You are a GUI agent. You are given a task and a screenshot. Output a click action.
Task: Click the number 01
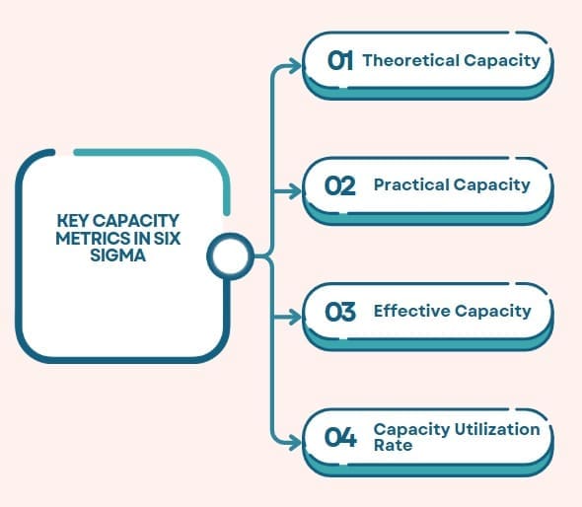point(339,60)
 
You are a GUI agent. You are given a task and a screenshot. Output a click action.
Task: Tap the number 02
point(339,185)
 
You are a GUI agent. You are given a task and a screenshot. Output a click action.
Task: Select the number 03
point(340,312)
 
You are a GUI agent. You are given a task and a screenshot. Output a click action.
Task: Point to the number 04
point(340,437)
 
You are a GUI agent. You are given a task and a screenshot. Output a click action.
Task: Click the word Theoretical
point(411,60)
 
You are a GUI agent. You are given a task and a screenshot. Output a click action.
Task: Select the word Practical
point(411,184)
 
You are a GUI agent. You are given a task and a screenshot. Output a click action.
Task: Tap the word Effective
point(411,311)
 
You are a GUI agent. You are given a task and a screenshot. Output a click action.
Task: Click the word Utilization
point(497,429)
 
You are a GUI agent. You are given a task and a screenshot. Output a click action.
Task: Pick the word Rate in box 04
point(393,445)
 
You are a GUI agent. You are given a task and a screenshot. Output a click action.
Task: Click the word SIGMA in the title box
point(117,255)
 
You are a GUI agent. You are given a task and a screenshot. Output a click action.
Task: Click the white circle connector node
point(230,255)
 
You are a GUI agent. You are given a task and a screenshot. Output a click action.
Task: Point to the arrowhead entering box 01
point(295,66)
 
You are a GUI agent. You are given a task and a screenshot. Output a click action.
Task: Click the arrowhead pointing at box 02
point(295,191)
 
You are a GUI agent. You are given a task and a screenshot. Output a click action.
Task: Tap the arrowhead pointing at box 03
point(295,317)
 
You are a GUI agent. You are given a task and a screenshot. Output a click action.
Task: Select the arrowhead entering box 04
point(295,443)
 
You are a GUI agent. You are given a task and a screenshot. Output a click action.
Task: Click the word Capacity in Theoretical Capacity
point(502,61)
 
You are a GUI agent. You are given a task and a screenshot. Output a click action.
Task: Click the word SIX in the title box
point(167,239)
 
